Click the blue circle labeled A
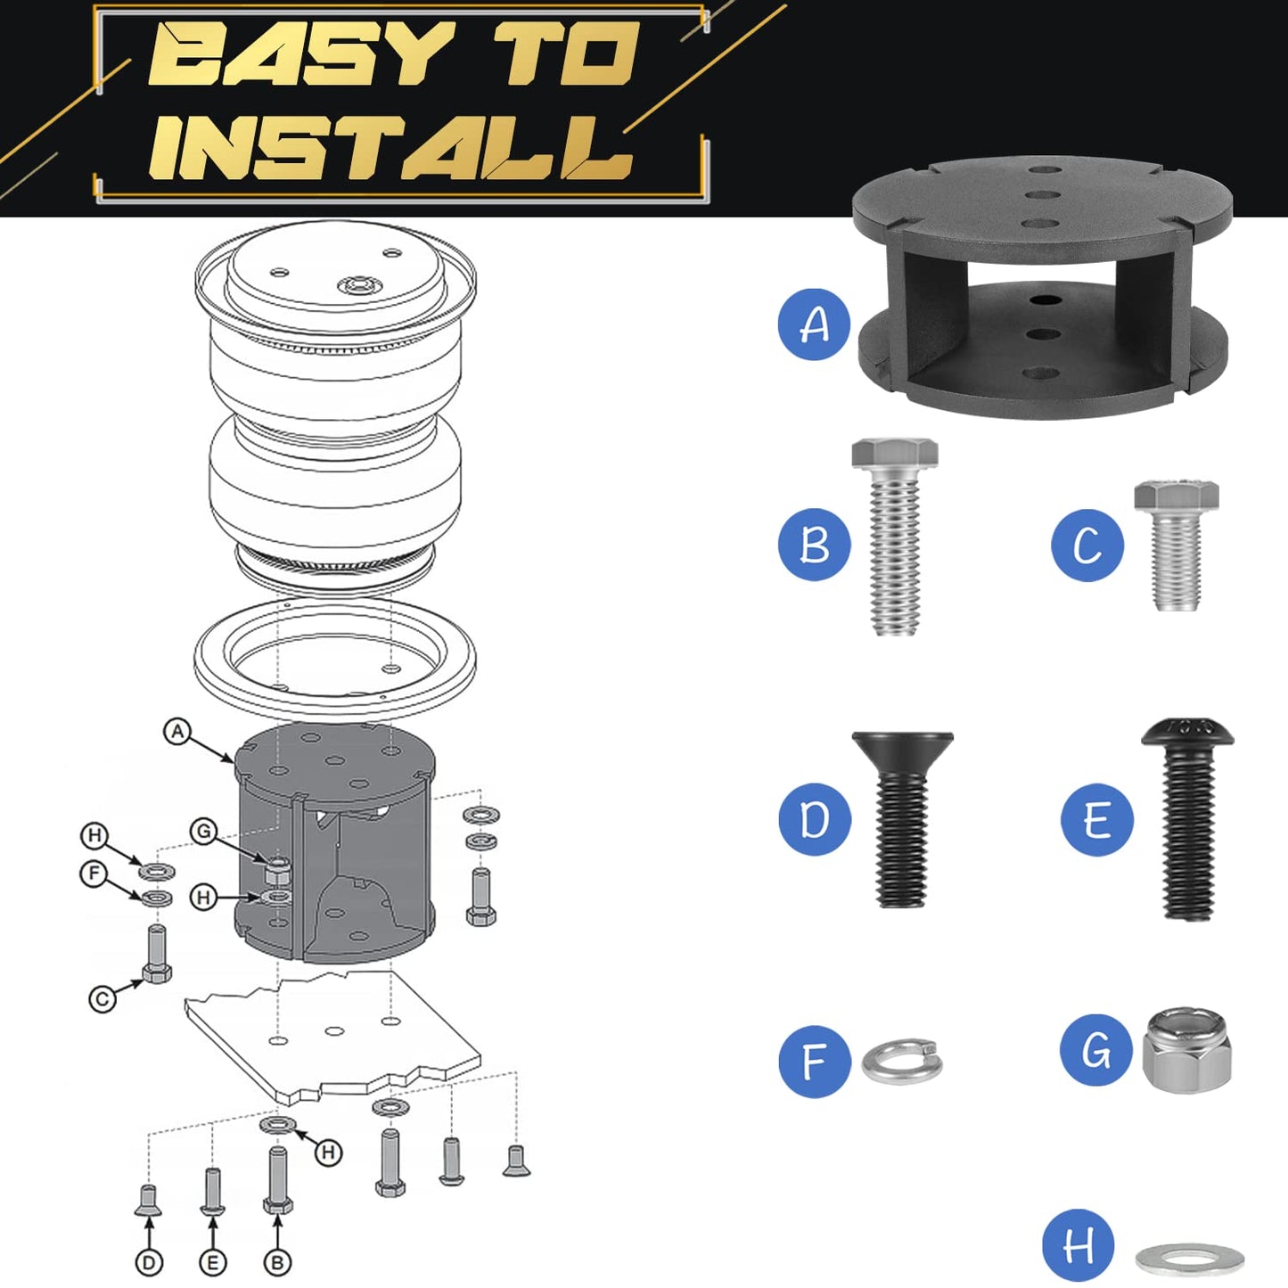814,324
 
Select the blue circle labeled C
1087,545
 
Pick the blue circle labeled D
815,819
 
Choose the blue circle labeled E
1097,819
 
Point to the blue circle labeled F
815,1062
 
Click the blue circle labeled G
1097,1050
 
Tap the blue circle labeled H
1079,1244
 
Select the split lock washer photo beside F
902,1062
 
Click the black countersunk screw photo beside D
902,819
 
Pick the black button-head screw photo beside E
1187,819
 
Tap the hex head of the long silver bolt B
895,453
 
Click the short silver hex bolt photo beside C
1177,545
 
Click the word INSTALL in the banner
391,147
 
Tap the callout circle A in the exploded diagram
177,731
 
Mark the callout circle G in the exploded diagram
204,832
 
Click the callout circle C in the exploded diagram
103,999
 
